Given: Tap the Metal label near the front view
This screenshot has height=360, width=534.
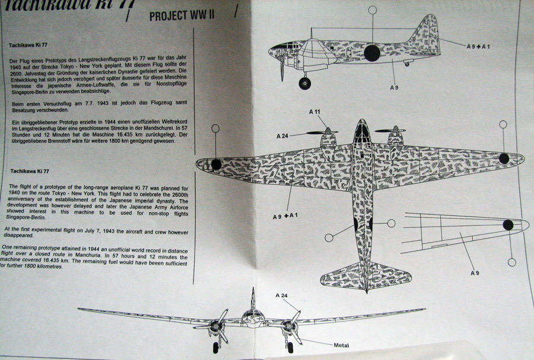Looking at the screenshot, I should (x=341, y=345).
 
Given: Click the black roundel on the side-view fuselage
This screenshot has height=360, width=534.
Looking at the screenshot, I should (x=371, y=53).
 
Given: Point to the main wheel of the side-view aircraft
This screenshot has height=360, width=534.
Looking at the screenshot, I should (x=305, y=83).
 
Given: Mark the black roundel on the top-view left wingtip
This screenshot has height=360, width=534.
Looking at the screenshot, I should (x=217, y=165).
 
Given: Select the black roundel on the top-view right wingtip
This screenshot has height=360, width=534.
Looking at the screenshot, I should (x=504, y=158).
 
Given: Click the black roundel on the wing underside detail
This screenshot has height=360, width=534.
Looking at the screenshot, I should (x=508, y=224).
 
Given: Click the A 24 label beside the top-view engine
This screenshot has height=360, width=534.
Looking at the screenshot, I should (x=283, y=136).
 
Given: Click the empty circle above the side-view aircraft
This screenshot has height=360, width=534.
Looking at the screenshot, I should (x=372, y=10).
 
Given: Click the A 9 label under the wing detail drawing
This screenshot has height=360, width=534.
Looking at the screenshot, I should (x=475, y=273).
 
